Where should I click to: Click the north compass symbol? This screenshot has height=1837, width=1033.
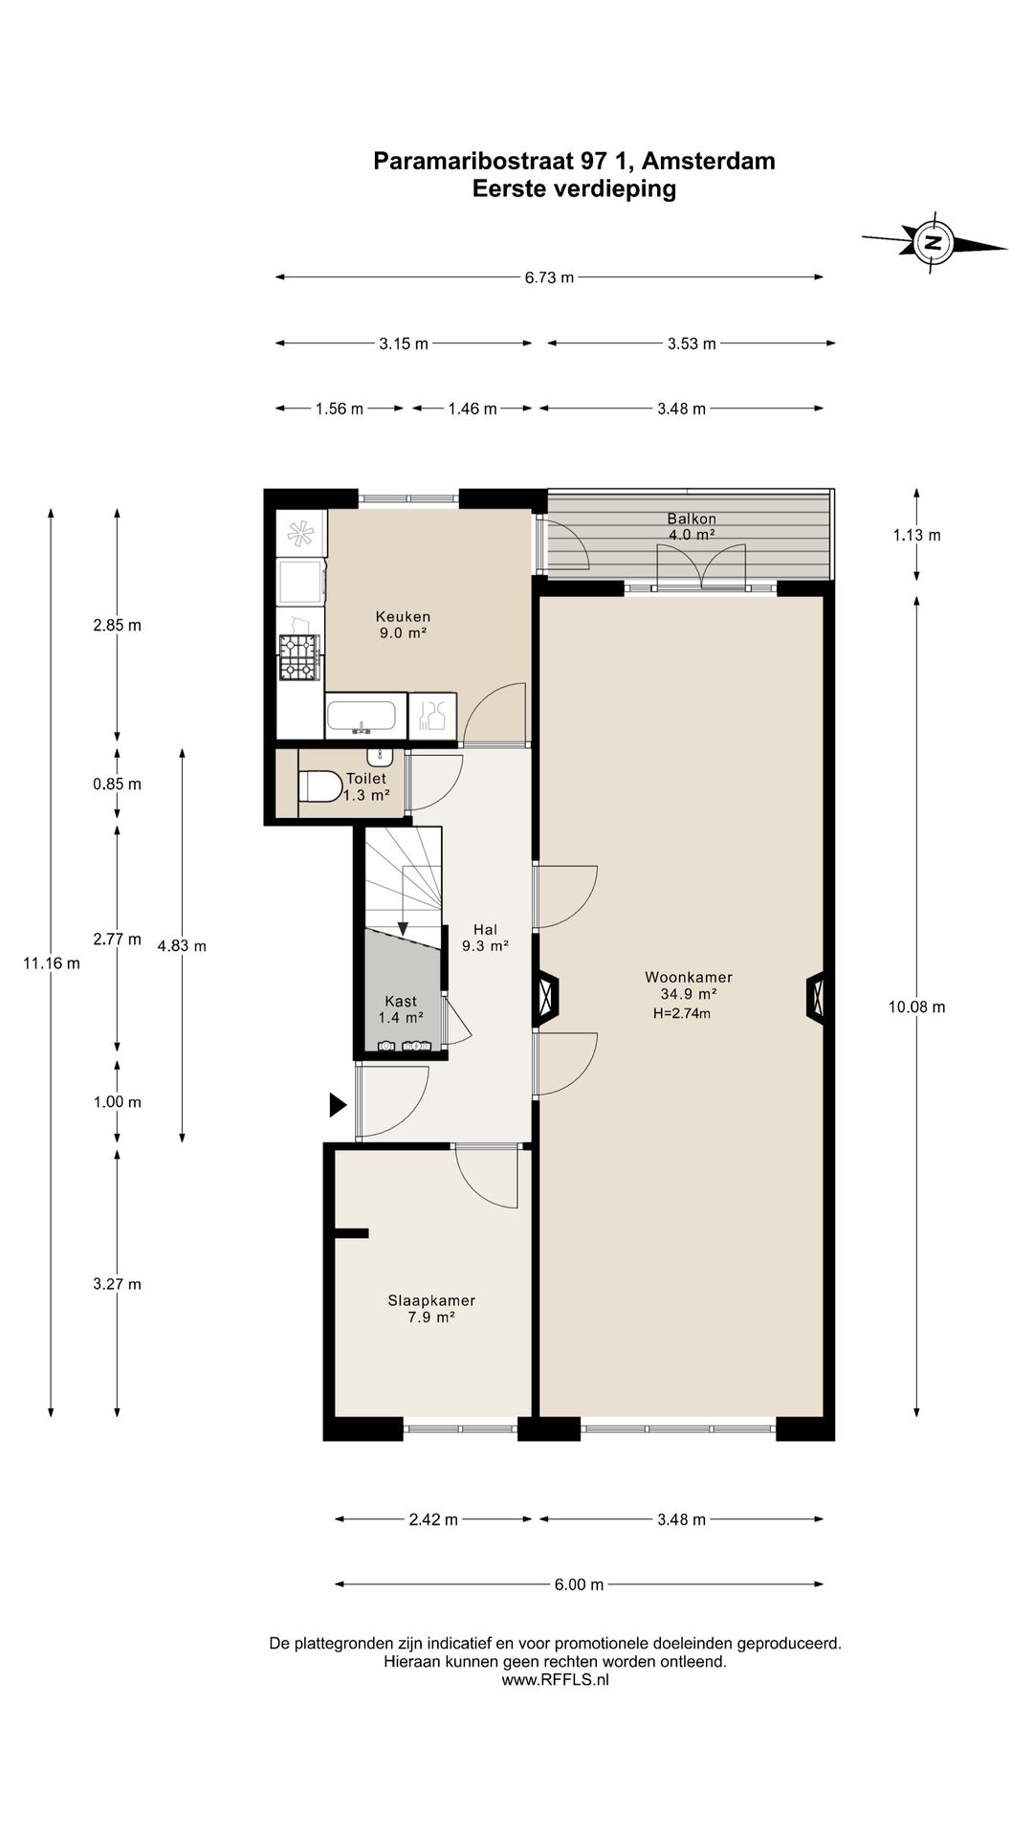[x=934, y=242]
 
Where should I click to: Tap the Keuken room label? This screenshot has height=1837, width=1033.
[x=403, y=617]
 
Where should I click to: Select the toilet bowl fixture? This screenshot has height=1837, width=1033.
[x=319, y=786]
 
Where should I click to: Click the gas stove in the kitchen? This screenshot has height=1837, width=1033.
[x=298, y=657]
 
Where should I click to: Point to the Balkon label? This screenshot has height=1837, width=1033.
[x=692, y=520]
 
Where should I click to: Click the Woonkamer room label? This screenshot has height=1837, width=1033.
[x=689, y=977]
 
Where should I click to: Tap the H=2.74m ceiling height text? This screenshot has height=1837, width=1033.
[x=682, y=1013]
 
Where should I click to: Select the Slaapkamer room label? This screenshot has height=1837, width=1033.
[x=431, y=1300]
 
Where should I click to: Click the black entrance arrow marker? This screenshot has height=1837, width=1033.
[x=338, y=1105]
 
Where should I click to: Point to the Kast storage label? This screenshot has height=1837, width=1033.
[x=401, y=1002]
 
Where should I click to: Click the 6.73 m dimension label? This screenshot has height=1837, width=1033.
[x=549, y=277]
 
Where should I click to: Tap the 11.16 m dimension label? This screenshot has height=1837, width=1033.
[x=52, y=963]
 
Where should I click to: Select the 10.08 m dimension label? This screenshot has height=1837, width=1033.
[x=917, y=1007]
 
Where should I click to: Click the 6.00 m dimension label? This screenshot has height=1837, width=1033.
[x=579, y=1584]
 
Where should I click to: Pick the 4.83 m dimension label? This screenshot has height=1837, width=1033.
[x=182, y=946]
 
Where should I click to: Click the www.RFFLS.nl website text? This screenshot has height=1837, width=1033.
[x=555, y=1679]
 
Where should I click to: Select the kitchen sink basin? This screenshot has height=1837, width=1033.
[x=361, y=716]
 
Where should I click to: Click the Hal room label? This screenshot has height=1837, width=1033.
[x=485, y=930]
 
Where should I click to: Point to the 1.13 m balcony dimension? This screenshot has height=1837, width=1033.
[x=917, y=536]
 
